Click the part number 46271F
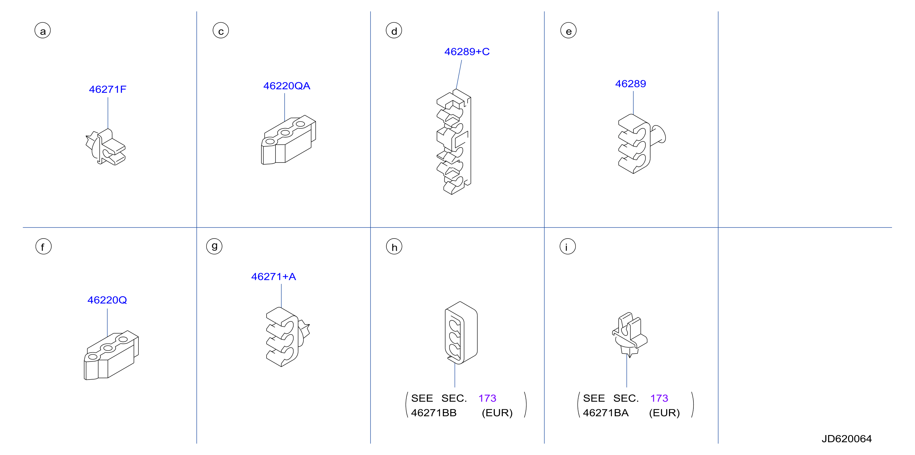click(x=108, y=89)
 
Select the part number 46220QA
click(x=287, y=86)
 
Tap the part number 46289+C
click(x=467, y=52)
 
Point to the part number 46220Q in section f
click(x=107, y=300)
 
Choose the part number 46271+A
click(x=274, y=277)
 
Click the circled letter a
click(x=43, y=31)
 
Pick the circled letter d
click(x=394, y=31)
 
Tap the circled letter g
click(x=214, y=246)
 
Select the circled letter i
click(x=568, y=246)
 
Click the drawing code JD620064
click(x=846, y=439)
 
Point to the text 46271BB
click(x=434, y=413)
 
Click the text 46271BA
click(x=606, y=413)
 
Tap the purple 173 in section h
click(x=487, y=398)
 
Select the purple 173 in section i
click(x=659, y=398)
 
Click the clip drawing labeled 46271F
click(x=106, y=147)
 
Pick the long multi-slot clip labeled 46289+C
click(x=454, y=141)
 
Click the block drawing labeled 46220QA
click(x=288, y=140)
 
